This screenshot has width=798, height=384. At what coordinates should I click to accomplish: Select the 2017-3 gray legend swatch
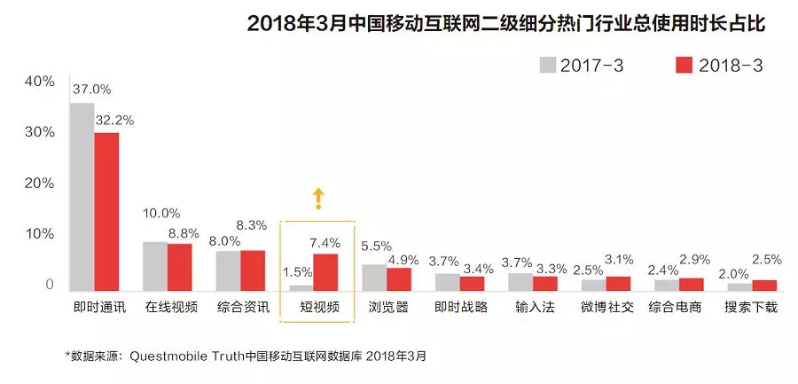pos(547,65)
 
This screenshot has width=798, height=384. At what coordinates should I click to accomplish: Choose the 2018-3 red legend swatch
pos(683,65)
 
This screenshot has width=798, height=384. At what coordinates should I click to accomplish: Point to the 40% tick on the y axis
pos(40,81)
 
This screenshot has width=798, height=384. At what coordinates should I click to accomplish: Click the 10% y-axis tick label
pos(40,234)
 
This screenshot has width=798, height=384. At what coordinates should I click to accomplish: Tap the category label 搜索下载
pos(753,310)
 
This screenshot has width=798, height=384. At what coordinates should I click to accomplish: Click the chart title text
pos(505,24)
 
